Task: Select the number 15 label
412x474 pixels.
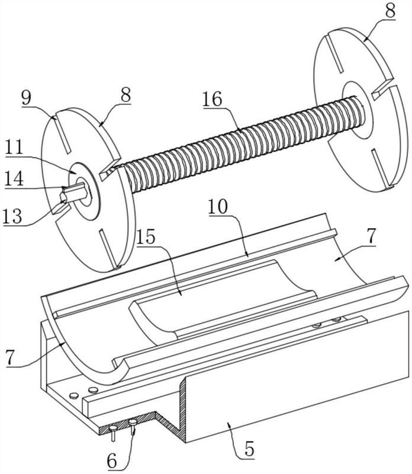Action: [146, 236]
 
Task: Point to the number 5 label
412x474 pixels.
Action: [249, 449]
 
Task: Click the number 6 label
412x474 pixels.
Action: [112, 461]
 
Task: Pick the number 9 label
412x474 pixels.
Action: [27, 98]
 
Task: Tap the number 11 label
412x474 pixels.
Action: [14, 148]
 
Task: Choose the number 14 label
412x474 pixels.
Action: [14, 179]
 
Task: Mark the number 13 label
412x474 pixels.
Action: [12, 216]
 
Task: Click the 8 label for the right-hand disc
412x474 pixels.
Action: [390, 11]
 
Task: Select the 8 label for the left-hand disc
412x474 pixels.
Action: [125, 95]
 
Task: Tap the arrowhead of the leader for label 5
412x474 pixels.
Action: [228, 424]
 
